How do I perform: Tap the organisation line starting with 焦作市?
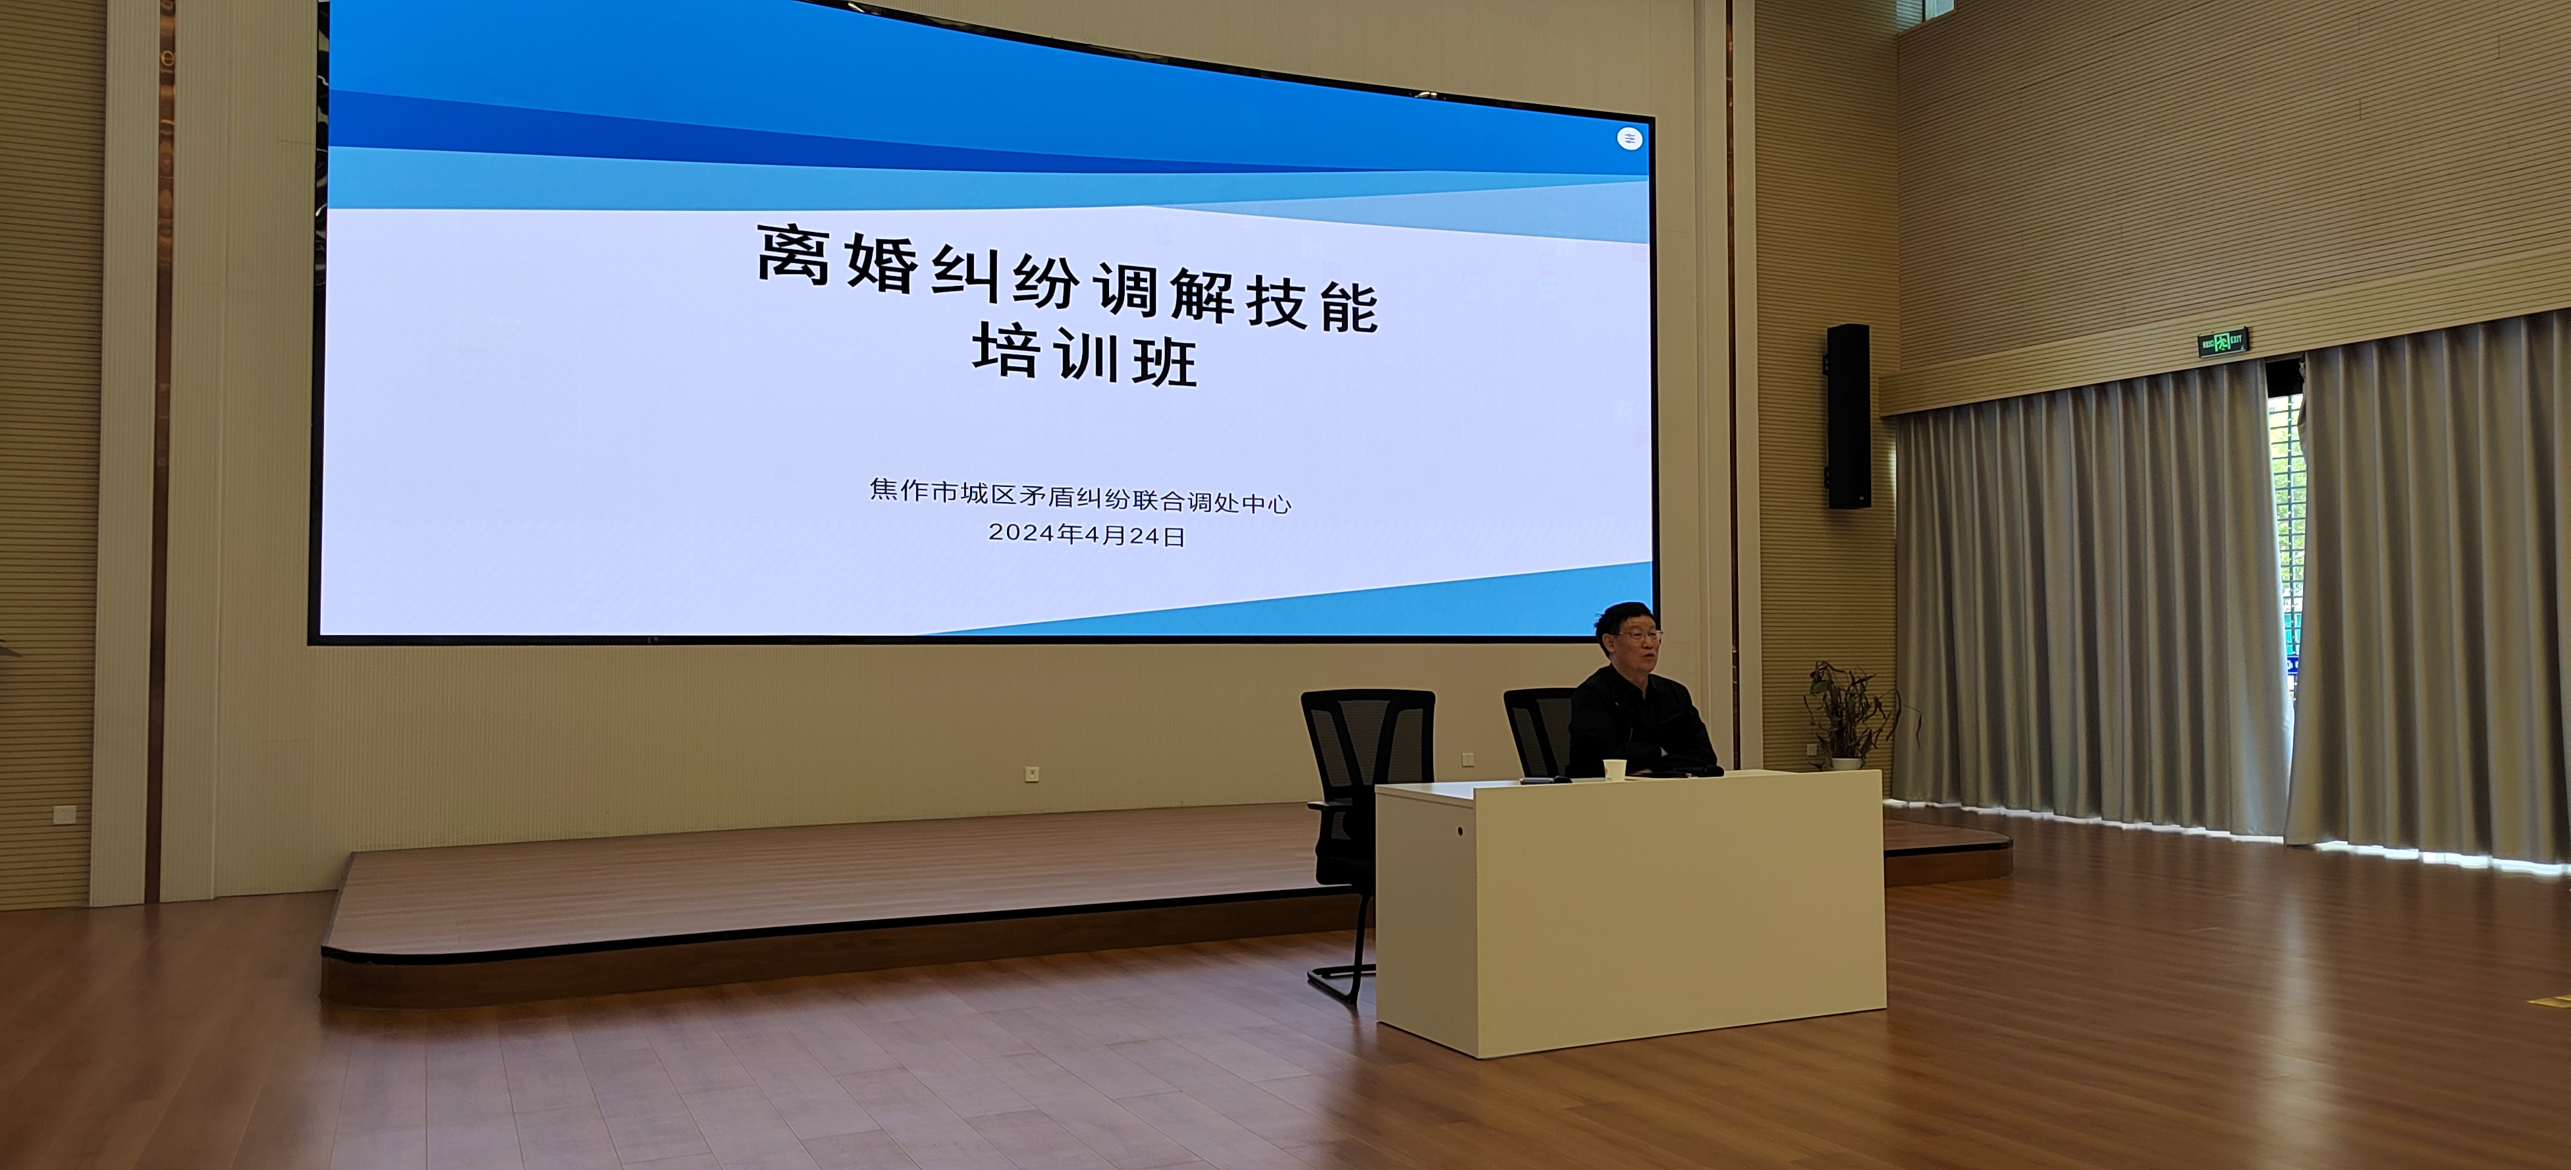pyautogui.click(x=1081, y=496)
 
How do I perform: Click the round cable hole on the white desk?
pyautogui.click(x=1460, y=831)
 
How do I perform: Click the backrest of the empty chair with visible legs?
pyautogui.click(x=1368, y=742)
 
